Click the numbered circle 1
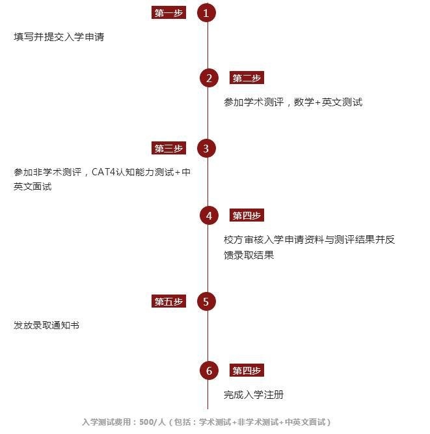tap(206, 13)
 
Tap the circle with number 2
tap(209, 78)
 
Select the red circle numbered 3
tap(206, 149)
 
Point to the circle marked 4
tap(209, 215)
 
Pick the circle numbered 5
tap(206, 302)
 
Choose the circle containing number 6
tap(209, 370)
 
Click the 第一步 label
tap(168, 13)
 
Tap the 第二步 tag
tap(247, 78)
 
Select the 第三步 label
tap(168, 148)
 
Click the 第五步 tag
tap(168, 301)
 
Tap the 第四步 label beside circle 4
tap(247, 215)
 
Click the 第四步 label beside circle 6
tap(247, 370)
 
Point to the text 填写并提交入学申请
tap(59, 36)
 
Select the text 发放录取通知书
tap(46, 325)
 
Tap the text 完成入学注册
tap(254, 395)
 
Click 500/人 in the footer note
tap(152, 422)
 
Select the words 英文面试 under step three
tap(33, 186)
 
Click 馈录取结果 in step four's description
tap(249, 255)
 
